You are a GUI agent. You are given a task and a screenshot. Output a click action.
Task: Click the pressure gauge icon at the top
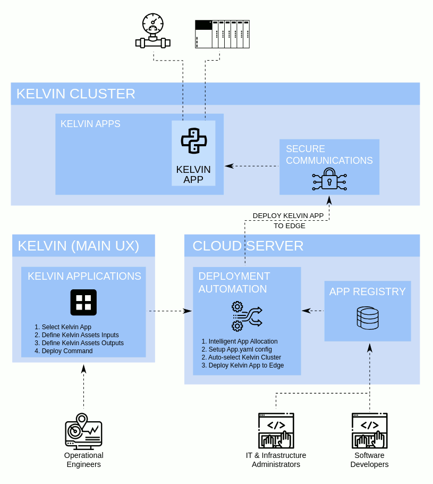(x=153, y=31)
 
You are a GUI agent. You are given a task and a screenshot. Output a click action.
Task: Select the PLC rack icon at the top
(x=222, y=34)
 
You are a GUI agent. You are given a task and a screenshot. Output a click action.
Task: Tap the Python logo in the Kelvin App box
(x=193, y=141)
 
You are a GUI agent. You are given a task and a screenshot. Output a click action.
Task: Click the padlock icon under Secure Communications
(x=329, y=179)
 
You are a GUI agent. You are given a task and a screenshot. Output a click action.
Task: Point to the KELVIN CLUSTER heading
(x=76, y=94)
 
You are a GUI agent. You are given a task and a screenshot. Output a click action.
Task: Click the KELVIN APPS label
(x=90, y=124)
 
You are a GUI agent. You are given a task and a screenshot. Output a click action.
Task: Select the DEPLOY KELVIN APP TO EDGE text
(x=288, y=221)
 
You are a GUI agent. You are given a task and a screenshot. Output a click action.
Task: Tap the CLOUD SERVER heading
(x=248, y=246)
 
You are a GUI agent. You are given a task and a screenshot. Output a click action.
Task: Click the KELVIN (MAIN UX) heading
(x=79, y=246)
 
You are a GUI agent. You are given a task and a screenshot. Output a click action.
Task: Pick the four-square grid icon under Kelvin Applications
(x=83, y=303)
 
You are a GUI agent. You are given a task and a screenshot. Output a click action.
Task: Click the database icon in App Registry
(x=368, y=318)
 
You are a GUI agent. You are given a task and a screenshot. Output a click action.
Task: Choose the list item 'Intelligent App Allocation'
(x=243, y=341)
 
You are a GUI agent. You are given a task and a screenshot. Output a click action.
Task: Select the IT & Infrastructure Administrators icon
(x=276, y=431)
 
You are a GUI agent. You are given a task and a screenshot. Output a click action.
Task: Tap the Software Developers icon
(x=369, y=431)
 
